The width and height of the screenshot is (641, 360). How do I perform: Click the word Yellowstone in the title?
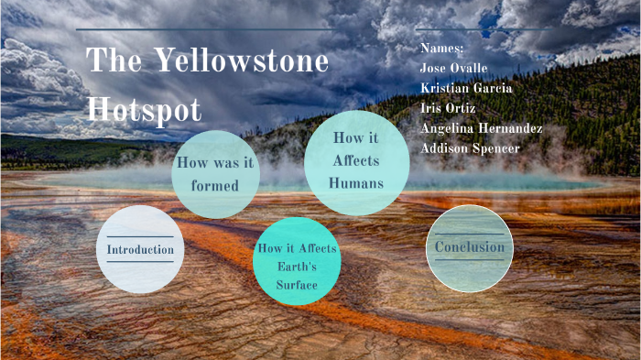tap(241, 61)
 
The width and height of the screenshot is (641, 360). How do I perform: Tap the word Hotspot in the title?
tap(144, 108)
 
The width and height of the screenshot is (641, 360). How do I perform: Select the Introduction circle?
tap(140, 249)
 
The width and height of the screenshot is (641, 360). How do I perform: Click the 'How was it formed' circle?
tap(215, 174)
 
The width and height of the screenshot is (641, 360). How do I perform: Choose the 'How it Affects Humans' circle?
tap(356, 162)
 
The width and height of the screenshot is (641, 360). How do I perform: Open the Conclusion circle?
tap(470, 248)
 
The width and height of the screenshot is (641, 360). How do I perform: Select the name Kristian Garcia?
tap(466, 88)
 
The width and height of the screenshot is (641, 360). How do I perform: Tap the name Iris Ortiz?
tap(449, 108)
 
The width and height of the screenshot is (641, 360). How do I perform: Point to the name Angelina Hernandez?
tap(482, 128)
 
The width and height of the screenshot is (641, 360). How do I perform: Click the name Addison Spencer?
tap(470, 148)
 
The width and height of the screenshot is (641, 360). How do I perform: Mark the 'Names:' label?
tap(442, 48)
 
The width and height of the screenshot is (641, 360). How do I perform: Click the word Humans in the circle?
tap(356, 183)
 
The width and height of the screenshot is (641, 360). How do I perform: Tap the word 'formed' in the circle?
tap(215, 186)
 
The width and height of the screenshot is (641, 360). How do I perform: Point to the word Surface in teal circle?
tap(297, 285)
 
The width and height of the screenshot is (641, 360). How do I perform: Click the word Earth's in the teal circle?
tap(297, 267)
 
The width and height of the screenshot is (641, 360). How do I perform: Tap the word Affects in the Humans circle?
tap(356, 161)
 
